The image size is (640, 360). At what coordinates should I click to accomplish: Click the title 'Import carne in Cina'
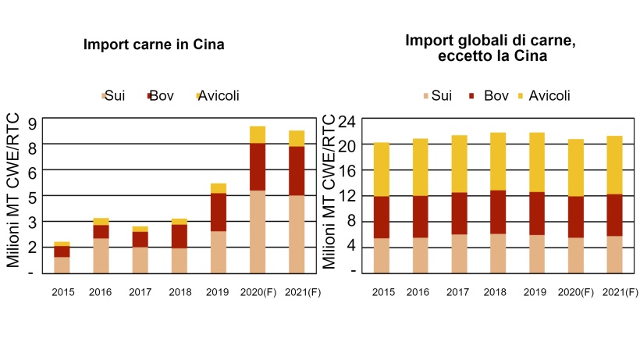pyautogui.click(x=154, y=45)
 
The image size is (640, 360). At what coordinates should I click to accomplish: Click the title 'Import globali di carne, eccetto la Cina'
pyautogui.click(x=491, y=48)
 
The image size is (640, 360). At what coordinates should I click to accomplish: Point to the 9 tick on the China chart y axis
pyautogui.click(x=32, y=122)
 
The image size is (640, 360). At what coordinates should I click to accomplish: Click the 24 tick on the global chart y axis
pyautogui.click(x=348, y=121)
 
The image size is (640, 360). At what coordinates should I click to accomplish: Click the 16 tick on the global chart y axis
pyautogui.click(x=348, y=170)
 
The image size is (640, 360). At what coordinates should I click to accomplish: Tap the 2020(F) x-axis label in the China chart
pyautogui.click(x=258, y=293)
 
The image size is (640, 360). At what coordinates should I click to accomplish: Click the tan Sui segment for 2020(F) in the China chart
pyautogui.click(x=258, y=231)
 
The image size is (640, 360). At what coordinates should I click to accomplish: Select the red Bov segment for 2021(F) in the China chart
pyautogui.click(x=297, y=170)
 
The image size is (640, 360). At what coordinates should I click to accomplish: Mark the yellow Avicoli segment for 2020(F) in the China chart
pyautogui.click(x=258, y=134)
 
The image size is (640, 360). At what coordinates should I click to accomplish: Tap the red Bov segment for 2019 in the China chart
pyautogui.click(x=219, y=212)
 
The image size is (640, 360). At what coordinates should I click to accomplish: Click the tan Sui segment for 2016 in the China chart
pyautogui.click(x=101, y=255)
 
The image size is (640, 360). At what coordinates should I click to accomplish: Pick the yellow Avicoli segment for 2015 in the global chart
pyautogui.click(x=382, y=169)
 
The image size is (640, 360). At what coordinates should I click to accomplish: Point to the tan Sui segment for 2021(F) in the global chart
pyautogui.click(x=614, y=254)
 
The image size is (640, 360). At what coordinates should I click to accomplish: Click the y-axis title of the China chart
pyautogui.click(x=13, y=191)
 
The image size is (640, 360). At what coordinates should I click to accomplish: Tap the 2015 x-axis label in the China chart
pyautogui.click(x=62, y=293)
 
